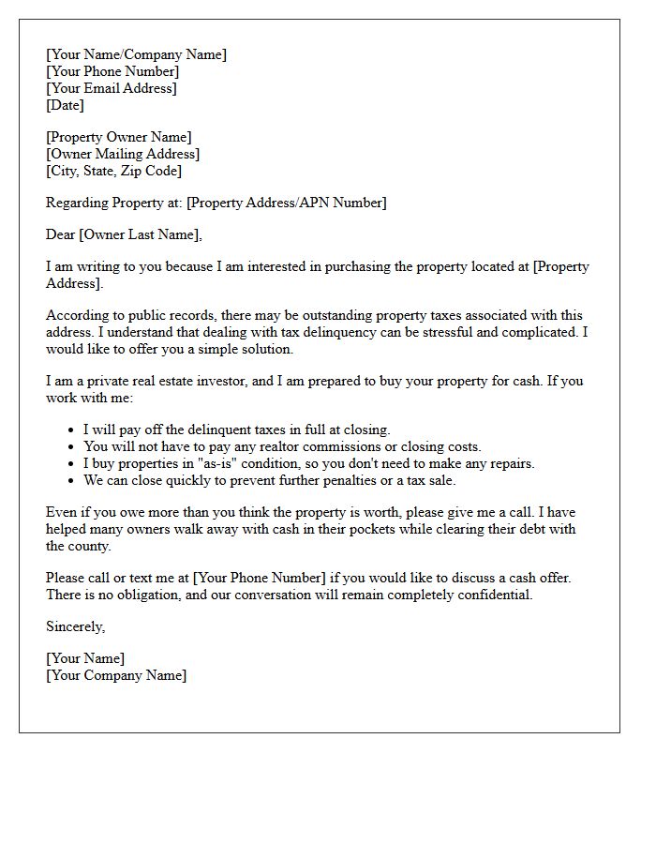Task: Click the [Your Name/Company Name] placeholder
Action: pyautogui.click(x=136, y=54)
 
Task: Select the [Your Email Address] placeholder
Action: pyautogui.click(x=111, y=88)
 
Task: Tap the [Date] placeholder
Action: pyautogui.click(x=65, y=105)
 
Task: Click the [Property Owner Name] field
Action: pyautogui.click(x=118, y=137)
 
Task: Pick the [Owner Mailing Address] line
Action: pyautogui.click(x=123, y=154)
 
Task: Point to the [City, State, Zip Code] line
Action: pyautogui.click(x=113, y=171)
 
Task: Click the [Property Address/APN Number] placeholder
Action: pyautogui.click(x=286, y=203)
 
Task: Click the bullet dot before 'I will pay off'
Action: pyautogui.click(x=72, y=430)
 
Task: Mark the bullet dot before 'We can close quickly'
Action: pyautogui.click(x=72, y=480)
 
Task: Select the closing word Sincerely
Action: pyautogui.click(x=75, y=626)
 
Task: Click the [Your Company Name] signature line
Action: pyautogui.click(x=116, y=675)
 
